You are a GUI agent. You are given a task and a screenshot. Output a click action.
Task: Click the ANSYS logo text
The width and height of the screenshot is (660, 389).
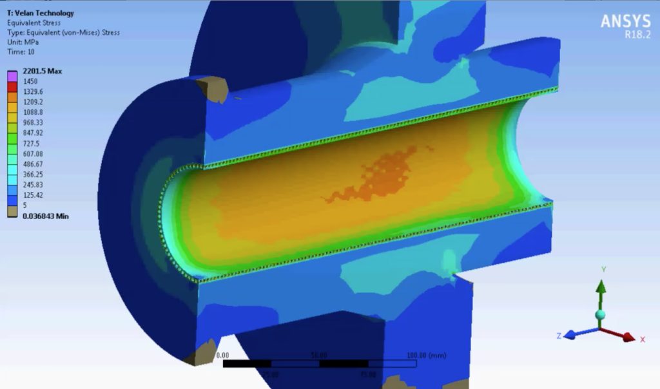click(625, 21)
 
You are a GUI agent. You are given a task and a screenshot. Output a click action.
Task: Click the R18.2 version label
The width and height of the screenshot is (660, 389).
click(637, 35)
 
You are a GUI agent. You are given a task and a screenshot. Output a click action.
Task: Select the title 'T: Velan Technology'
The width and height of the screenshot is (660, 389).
click(40, 13)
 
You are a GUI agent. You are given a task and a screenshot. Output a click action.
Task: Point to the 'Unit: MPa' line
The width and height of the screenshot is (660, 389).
click(24, 42)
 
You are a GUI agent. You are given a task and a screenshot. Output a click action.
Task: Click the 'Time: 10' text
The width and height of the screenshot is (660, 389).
click(22, 52)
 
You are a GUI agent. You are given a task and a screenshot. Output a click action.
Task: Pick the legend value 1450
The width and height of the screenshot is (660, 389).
click(31, 81)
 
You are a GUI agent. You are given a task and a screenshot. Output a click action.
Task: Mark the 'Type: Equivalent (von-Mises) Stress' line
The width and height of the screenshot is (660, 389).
click(63, 32)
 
